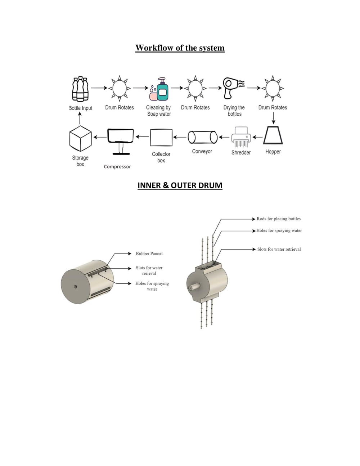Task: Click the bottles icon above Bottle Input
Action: (80, 89)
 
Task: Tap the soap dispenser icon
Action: (159, 89)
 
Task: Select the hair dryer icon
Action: (233, 88)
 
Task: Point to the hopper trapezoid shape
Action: (273, 135)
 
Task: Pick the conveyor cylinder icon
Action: (202, 137)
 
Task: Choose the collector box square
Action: (161, 138)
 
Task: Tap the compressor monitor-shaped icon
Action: (121, 142)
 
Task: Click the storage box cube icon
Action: (81, 138)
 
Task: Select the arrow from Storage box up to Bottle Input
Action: (80, 118)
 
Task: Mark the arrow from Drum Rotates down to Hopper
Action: (274, 118)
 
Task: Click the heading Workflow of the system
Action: (180, 48)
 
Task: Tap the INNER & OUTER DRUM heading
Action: (180, 185)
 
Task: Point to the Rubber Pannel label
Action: (149, 254)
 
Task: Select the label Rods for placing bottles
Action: (279, 219)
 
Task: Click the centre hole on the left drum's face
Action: (75, 287)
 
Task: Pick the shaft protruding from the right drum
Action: (194, 287)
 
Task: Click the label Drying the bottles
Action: (234, 111)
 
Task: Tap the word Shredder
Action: (241, 152)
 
